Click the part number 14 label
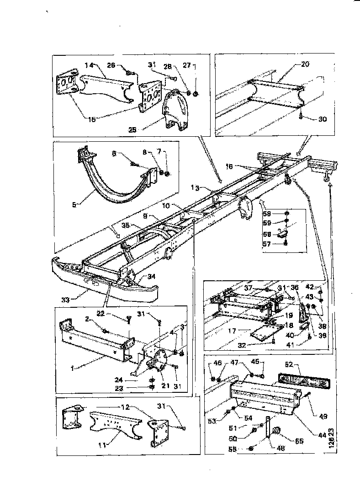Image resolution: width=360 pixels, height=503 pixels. [89, 65]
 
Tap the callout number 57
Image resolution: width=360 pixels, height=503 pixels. [267, 245]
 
